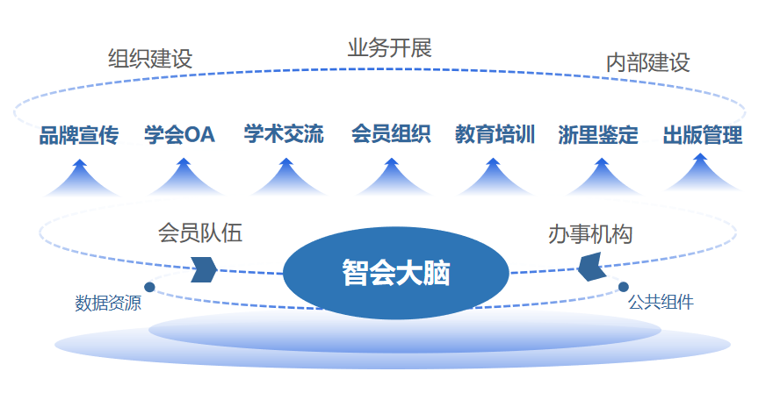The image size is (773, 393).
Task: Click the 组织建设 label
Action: click(150, 59)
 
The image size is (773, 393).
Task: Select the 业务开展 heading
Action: click(389, 47)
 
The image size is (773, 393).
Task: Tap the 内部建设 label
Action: click(647, 62)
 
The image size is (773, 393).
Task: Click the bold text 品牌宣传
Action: click(79, 135)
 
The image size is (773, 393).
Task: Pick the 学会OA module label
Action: click(179, 134)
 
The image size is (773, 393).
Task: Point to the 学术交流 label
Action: click(284, 134)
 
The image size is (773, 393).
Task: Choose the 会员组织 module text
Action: click(391, 134)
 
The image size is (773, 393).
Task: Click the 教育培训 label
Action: click(495, 134)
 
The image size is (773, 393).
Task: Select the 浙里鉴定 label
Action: click(598, 134)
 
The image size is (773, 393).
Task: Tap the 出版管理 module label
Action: click(703, 134)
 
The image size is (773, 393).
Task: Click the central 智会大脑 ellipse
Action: click(396, 273)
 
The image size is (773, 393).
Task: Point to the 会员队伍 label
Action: click(200, 232)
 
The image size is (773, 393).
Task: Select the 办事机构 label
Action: click(590, 234)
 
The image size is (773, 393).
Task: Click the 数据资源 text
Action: click(108, 303)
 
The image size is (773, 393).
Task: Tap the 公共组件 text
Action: click(661, 302)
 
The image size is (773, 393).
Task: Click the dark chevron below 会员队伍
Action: click(204, 269)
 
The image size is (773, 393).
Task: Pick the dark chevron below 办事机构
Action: click(591, 267)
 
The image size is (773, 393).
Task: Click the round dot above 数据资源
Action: click(149, 287)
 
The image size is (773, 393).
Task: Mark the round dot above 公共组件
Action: click(623, 287)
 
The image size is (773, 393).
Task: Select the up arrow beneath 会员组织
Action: click(392, 177)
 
